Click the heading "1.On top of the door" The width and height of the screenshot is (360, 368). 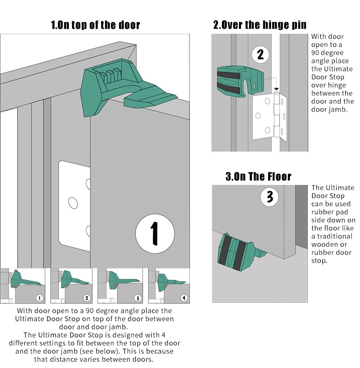(95, 25)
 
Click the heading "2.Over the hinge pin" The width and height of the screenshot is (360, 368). (260, 25)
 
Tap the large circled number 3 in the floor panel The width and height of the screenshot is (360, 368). (269, 197)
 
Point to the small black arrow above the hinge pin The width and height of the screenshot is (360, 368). (277, 90)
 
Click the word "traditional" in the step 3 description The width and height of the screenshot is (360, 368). (332, 236)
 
